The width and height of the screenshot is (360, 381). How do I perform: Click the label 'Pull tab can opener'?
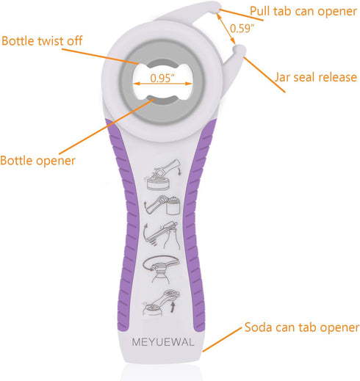pos(303,12)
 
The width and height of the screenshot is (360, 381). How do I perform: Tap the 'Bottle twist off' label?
pos(42,40)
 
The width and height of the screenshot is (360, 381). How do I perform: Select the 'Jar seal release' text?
pos(315,77)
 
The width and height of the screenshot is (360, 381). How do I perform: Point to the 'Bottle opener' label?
pos(37,161)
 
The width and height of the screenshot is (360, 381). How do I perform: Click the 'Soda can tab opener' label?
pos(302,327)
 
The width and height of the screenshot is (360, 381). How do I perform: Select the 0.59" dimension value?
pos(242,29)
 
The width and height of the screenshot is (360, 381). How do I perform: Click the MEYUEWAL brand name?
pos(163,342)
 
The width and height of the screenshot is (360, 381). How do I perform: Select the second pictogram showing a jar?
pos(162,206)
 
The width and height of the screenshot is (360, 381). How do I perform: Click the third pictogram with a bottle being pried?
pos(162,235)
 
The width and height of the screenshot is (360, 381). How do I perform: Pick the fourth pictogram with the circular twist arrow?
pos(161,269)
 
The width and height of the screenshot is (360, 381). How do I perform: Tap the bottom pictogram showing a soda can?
pos(162,302)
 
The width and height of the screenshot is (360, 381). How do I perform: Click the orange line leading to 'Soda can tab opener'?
pos(223,340)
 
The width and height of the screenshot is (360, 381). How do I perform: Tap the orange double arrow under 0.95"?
pos(162,84)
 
